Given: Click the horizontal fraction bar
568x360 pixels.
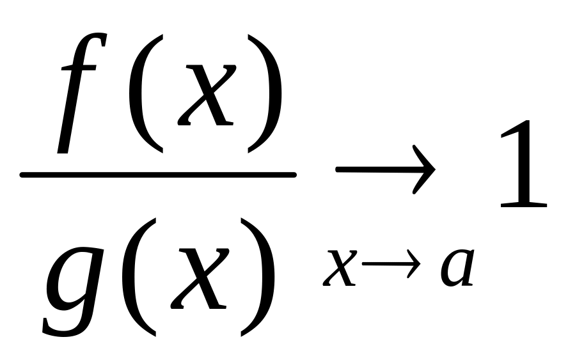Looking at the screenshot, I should coord(158,174).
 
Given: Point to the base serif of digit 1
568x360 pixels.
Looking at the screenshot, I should coord(523,205).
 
